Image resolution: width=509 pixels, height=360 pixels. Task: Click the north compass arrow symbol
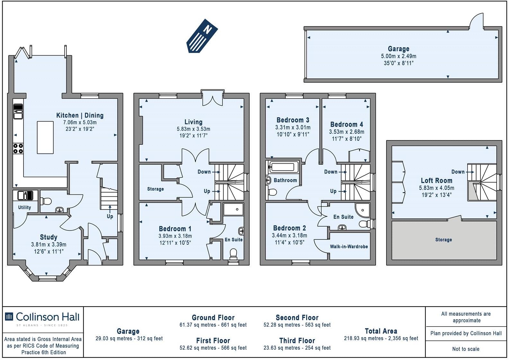(202, 35)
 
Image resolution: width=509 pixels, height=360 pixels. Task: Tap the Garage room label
(398, 49)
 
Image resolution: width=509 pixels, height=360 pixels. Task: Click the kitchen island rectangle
(45, 137)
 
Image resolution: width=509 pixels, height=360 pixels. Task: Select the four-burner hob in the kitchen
(18, 148)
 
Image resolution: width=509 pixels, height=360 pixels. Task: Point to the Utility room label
(24, 207)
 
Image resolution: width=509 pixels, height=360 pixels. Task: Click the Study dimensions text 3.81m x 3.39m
(49, 245)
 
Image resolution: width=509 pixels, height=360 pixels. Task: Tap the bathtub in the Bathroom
(283, 167)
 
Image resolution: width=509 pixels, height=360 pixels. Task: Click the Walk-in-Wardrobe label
(349, 247)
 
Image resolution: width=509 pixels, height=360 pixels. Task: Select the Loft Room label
(436, 181)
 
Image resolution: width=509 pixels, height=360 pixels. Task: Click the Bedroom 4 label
(346, 124)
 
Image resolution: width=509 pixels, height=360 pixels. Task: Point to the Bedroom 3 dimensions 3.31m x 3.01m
(293, 127)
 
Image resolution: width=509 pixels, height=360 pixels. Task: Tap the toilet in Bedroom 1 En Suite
(234, 254)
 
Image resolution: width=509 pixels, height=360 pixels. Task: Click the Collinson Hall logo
(42, 317)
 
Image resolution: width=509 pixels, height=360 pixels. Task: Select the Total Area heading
(381, 331)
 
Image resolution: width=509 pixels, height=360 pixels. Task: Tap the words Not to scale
(466, 349)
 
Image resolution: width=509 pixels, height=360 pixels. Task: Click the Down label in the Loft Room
(458, 172)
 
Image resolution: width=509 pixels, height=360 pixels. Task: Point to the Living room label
(193, 122)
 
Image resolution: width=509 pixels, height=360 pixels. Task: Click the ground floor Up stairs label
(110, 216)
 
